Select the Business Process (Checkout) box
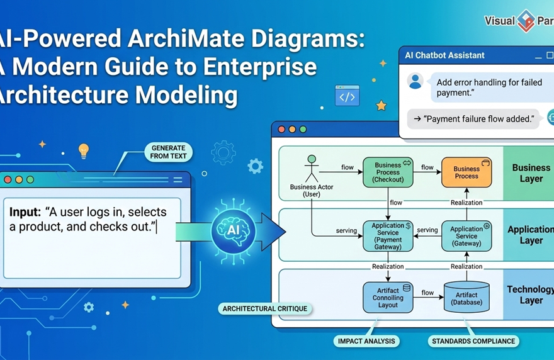coord(388,172)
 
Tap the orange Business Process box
coord(466,172)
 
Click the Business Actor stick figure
coord(311,168)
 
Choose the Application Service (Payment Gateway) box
coord(388,236)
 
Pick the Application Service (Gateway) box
coord(466,236)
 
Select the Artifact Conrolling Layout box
coord(388,298)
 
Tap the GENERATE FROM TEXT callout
coord(169,152)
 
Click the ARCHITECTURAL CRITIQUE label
coord(266,308)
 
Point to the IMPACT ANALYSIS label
coord(366,341)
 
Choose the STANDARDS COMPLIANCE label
coord(473,341)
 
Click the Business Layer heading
coord(531,173)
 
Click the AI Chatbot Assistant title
coord(445,55)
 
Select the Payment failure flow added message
coord(473,118)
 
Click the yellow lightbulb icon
coord(83,150)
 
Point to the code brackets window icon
coord(347,96)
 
